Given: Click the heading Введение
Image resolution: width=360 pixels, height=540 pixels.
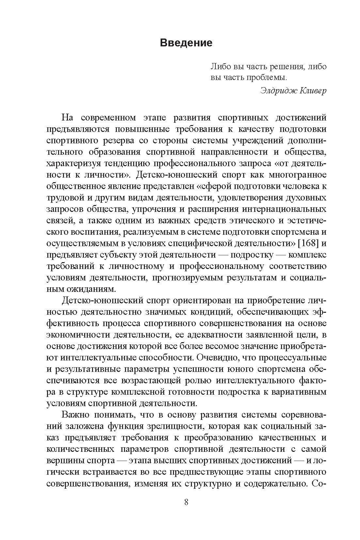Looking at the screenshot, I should [186, 43].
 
